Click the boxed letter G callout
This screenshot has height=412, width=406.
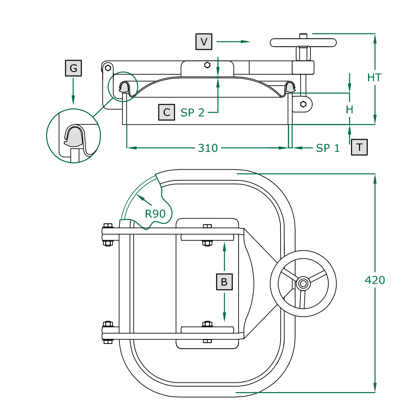click(73, 68)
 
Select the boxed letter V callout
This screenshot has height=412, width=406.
click(204, 42)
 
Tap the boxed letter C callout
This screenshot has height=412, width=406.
click(166, 112)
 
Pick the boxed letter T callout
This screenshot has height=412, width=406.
click(359, 147)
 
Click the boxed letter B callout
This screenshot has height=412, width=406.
click(224, 282)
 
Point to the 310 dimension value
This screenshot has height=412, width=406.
click(208, 148)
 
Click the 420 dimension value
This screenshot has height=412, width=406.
click(375, 280)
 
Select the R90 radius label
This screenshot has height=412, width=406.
click(155, 214)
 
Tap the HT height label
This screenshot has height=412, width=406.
click(374, 78)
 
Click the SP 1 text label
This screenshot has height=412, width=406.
click(328, 148)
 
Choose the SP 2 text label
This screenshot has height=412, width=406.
click(192, 113)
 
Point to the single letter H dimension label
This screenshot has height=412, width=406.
click(349, 109)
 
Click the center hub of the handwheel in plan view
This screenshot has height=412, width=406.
click(303, 284)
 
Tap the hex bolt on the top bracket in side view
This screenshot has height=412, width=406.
click(207, 65)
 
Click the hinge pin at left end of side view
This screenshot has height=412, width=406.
click(108, 68)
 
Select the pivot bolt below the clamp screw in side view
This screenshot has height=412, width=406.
click(303, 104)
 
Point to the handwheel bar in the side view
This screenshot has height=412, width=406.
click(303, 43)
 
